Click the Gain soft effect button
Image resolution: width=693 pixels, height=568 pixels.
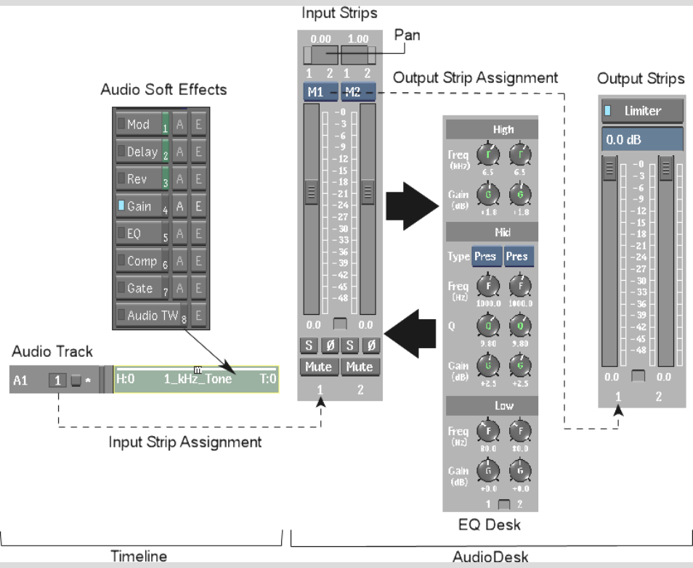coord(139,207)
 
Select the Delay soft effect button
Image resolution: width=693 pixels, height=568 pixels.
coord(139,152)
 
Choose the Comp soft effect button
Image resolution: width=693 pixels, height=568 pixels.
coord(139,261)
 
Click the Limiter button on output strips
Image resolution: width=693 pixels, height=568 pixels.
coord(642,111)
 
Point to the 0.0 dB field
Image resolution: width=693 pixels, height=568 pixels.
coord(642,138)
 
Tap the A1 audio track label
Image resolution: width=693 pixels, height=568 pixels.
coord(21,379)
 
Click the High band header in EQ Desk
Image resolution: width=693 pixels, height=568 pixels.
coord(492,129)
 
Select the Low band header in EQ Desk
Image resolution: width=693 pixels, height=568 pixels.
coord(492,406)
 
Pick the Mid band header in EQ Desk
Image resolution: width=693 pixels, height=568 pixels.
coord(492,232)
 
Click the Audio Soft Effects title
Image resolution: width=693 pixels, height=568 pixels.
coord(163,90)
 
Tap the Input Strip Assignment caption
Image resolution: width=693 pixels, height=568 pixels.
coord(186,442)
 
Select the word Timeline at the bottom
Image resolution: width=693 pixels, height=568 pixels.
coord(138,556)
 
